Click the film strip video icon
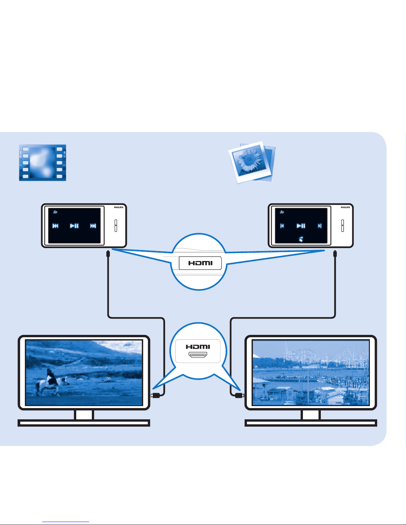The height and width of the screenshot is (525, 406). [42, 163]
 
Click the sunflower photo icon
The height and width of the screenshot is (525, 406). [252, 162]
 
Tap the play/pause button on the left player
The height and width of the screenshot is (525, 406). [74, 226]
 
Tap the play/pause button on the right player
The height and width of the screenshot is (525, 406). [301, 226]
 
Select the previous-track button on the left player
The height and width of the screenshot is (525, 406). [55, 226]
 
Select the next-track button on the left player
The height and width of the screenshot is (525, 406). [93, 226]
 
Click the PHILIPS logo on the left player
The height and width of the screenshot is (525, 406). [119, 207]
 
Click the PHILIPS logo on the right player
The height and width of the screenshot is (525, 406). [345, 207]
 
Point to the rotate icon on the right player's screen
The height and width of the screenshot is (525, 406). [301, 239]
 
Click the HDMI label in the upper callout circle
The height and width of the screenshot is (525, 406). [200, 263]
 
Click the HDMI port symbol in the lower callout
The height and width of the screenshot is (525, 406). [198, 355]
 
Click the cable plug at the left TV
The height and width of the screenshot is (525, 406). [155, 395]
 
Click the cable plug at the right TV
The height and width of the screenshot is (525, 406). [240, 395]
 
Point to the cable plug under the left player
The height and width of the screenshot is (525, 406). [108, 254]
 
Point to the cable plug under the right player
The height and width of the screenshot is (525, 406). [335, 254]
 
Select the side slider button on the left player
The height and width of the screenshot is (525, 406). [116, 226]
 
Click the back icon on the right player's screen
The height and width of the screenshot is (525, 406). [282, 212]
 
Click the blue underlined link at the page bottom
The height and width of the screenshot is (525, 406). [66, 522]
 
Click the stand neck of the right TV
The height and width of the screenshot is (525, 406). [311, 415]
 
